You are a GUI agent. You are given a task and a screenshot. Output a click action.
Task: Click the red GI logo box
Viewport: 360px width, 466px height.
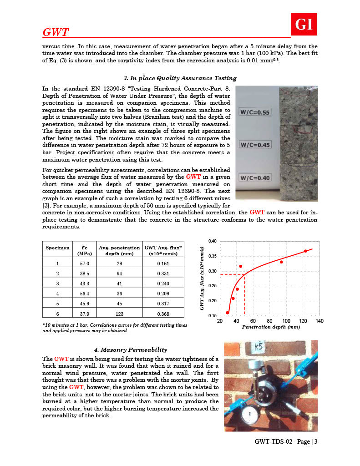coord(304,24)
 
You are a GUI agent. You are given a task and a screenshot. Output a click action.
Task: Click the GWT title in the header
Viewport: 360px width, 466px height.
coord(56,32)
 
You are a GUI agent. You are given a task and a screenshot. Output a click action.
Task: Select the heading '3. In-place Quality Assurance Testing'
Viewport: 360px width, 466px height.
coord(180,78)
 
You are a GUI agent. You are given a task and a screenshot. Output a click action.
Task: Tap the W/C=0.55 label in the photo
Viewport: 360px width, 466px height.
coord(254,112)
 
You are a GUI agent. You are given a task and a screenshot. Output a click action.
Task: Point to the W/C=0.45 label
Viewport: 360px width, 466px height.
coord(254,145)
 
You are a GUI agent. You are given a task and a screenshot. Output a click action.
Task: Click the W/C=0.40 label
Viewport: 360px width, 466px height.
coord(254,177)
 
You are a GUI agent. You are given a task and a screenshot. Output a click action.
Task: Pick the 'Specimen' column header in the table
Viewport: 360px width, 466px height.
coord(57,248)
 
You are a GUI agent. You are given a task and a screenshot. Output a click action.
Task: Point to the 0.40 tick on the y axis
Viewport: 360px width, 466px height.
coord(213,241)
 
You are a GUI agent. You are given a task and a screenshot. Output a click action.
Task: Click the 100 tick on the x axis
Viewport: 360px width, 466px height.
coord(286,321)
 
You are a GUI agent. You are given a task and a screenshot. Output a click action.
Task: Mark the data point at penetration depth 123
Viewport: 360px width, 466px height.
coord(305,251)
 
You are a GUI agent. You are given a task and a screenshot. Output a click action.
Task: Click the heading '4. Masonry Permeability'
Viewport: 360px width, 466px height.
coord(131,349)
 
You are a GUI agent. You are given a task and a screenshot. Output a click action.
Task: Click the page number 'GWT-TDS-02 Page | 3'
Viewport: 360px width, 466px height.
coord(286,441)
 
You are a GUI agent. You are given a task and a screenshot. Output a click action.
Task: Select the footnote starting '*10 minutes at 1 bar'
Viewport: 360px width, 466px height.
coord(114,328)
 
